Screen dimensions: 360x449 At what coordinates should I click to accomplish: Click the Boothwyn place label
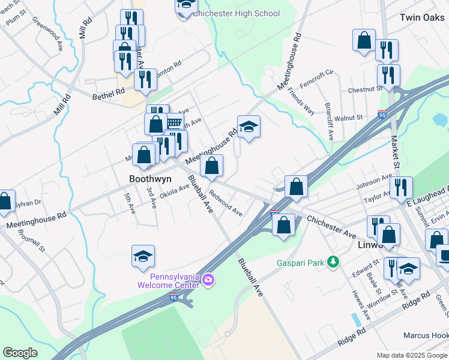click(151, 179)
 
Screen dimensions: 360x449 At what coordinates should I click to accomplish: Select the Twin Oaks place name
click(422, 17)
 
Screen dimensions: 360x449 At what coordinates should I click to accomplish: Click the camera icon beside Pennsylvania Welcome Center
click(208, 280)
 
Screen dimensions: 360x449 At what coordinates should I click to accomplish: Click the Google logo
click(20, 352)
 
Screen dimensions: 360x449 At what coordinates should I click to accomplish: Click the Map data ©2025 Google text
click(411, 355)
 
